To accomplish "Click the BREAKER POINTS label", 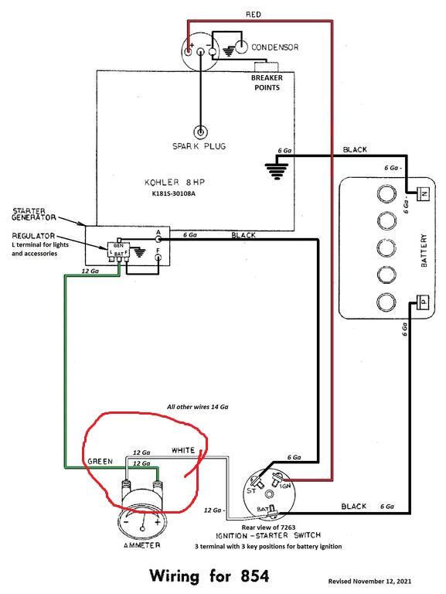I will tap(265, 82).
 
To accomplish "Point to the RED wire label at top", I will tap(254, 15).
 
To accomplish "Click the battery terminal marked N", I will tap(423, 193).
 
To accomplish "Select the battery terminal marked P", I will tap(423, 301).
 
